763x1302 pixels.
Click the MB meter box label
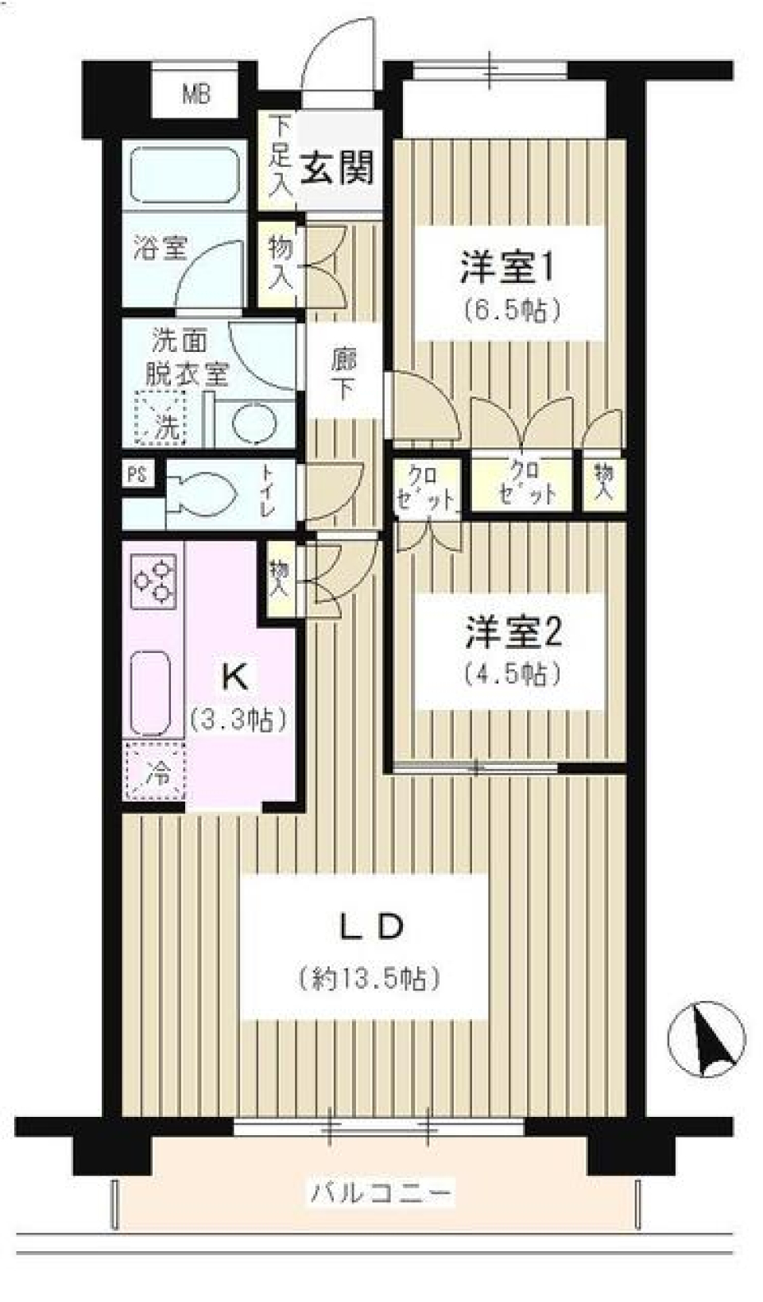tap(196, 95)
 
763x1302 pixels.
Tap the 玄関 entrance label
tap(337, 168)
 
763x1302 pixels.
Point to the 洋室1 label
tap(506, 268)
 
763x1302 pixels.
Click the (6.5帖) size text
tap(513, 310)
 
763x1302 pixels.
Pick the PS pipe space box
tap(137, 474)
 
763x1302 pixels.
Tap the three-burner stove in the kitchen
tap(154, 583)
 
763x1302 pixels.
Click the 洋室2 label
tap(513, 633)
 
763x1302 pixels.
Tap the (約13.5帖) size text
tap(370, 977)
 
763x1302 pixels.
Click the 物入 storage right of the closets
tap(603, 482)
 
